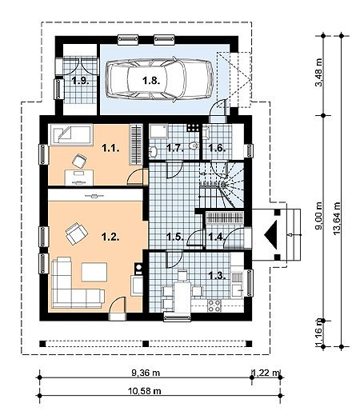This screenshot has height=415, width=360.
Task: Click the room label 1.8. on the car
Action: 151,80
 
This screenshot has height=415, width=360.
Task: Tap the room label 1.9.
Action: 81,80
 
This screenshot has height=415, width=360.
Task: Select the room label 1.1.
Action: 110,148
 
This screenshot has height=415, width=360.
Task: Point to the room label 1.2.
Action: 110,237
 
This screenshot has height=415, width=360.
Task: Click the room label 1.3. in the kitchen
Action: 217,275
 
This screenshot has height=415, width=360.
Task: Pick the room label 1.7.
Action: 175,148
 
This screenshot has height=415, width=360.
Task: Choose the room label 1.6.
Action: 217,148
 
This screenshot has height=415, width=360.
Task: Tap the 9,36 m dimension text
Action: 146,373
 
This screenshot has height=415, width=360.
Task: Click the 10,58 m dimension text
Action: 145,391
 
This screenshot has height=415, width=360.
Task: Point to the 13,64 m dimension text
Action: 337,218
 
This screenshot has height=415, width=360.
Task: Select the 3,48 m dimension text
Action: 318,72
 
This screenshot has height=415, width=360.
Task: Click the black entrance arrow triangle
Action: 270,235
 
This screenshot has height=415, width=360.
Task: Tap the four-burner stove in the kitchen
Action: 214,305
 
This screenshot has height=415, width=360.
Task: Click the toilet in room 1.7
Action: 194,146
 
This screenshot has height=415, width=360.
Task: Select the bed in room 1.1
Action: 70,134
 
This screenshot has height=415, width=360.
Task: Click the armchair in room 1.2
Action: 77,233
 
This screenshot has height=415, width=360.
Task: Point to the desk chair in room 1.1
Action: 79,161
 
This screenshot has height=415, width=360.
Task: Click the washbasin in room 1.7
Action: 153,152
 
